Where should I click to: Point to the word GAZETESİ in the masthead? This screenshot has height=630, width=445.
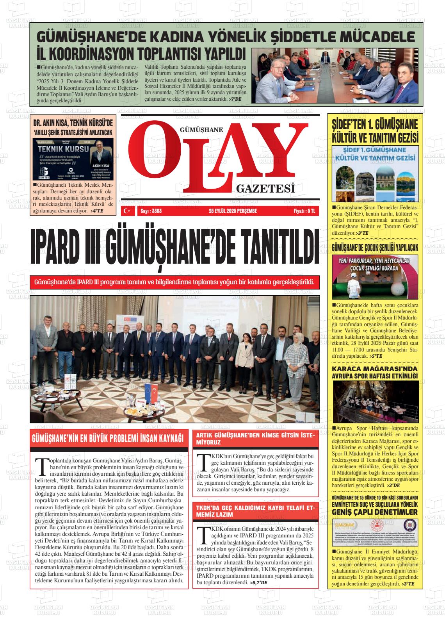click(265, 189)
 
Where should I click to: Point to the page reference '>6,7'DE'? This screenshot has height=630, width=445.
click(258, 583)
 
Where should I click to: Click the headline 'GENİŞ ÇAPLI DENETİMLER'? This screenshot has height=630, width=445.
click(374, 512)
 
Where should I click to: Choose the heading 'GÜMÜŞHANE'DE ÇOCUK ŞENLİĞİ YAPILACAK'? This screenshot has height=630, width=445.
click(374, 248)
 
